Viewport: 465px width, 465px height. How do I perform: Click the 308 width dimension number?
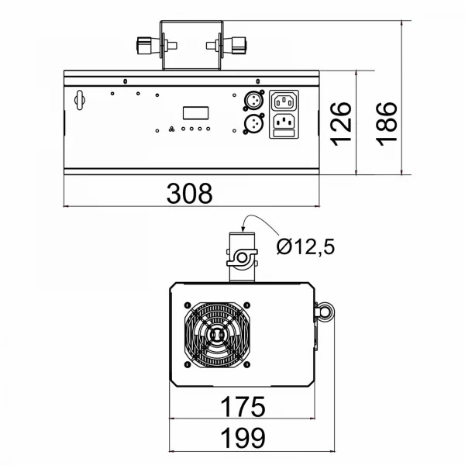point(190,193)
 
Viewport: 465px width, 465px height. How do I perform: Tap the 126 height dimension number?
point(341,124)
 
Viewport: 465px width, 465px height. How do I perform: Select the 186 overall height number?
point(387,124)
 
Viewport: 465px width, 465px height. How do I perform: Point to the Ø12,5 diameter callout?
point(305,246)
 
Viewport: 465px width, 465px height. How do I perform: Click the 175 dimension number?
point(243,407)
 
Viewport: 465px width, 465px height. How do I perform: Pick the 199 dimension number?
point(243,438)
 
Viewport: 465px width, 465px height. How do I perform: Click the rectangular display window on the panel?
point(196,113)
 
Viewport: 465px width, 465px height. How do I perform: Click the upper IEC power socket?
point(284,101)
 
